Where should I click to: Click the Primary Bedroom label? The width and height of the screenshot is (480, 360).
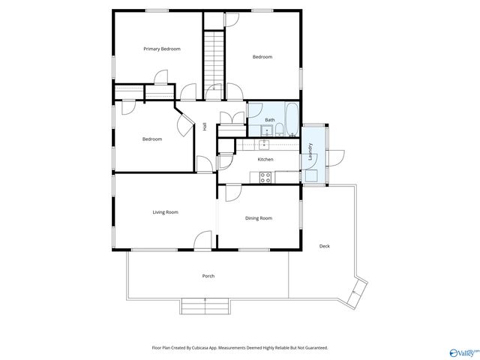(x=162, y=49)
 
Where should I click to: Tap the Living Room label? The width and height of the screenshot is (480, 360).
(x=165, y=212)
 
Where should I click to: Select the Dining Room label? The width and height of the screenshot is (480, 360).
(x=258, y=218)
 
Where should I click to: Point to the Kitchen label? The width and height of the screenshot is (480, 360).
(x=265, y=159)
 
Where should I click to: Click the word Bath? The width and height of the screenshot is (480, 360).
(x=270, y=120)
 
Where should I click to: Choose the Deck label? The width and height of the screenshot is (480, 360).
(x=324, y=246)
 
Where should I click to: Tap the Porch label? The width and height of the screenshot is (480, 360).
(x=208, y=276)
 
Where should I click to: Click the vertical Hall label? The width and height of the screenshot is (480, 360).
(x=205, y=127)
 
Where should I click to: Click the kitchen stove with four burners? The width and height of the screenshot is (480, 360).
(x=265, y=177)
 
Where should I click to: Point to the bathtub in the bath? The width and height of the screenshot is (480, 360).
(x=292, y=120)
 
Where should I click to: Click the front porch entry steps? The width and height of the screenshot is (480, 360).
(x=205, y=305)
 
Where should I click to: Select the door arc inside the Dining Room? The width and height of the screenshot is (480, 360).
(x=233, y=193)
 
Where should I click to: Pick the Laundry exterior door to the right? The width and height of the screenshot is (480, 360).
(x=335, y=157)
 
